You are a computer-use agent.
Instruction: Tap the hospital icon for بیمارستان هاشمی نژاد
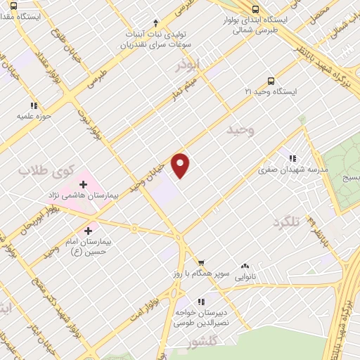(x=84, y=185)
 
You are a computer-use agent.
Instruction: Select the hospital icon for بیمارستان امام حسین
(x=89, y=230)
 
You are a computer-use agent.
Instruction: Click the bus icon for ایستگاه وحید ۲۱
(x=271, y=81)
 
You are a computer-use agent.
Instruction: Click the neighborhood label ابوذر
(x=188, y=65)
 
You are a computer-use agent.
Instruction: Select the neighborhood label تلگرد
(x=286, y=222)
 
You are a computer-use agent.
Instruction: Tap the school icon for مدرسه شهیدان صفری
(x=292, y=158)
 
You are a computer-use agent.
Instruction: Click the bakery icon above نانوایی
(x=245, y=266)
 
